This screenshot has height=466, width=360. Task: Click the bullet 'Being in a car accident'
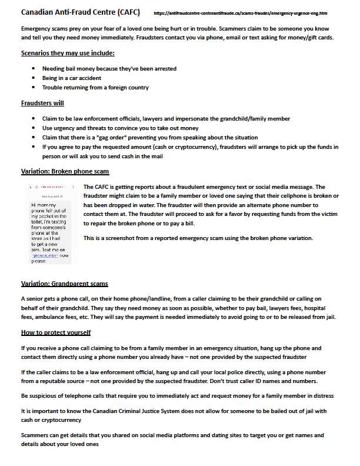click(72, 78)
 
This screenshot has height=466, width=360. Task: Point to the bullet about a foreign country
click(95, 88)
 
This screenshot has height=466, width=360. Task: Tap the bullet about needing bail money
click(109, 69)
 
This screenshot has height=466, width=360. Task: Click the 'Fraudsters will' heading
click(43, 104)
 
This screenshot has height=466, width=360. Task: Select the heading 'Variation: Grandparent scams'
click(65, 284)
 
